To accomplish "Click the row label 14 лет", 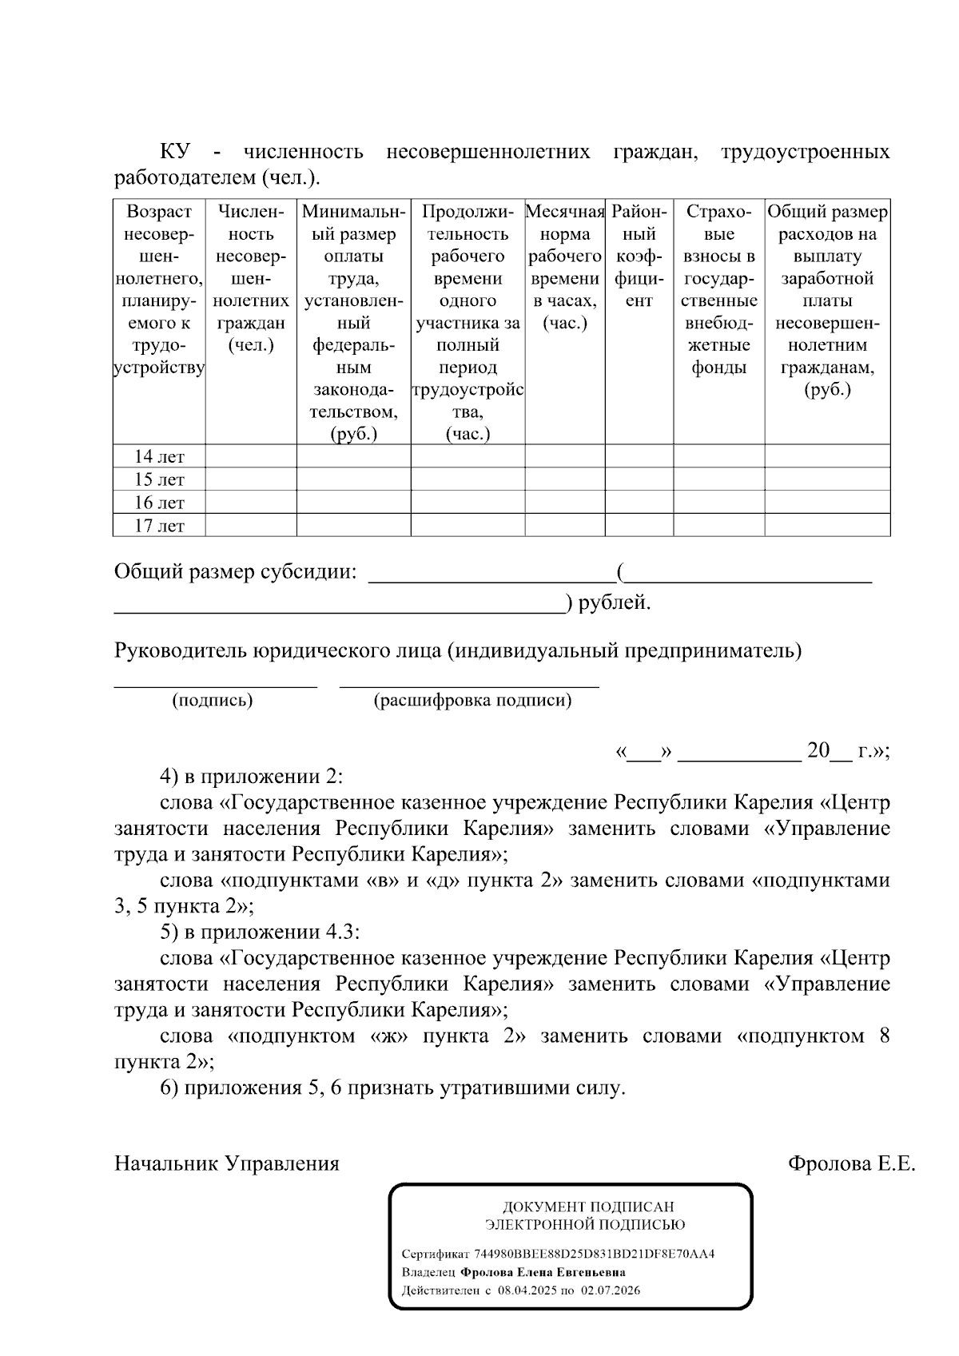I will tap(159, 457).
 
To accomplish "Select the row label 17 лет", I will tap(159, 526).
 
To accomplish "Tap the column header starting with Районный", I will tap(639, 256).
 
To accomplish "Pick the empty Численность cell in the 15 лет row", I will tap(251, 479).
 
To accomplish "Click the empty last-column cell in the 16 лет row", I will tap(827, 503).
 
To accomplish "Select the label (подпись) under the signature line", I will tap(213, 701).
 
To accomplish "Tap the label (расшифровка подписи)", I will tap(472, 701).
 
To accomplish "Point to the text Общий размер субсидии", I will tap(235, 572).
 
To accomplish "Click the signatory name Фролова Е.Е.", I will tap(851, 1163).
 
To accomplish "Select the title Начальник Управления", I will tap(227, 1163).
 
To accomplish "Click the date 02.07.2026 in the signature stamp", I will tap(611, 1290).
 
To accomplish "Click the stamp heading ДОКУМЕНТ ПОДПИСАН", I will tap(587, 1207).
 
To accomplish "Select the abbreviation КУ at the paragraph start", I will tap(174, 152).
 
